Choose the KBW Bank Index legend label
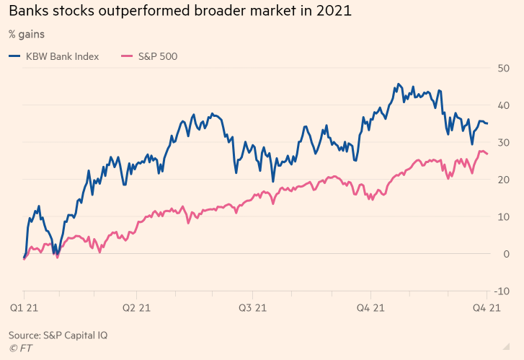63,56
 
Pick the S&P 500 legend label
158,56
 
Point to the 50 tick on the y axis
504,68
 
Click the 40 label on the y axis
504,105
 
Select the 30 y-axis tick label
504,142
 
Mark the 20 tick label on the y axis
504,180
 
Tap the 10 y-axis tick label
504,216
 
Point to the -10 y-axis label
502,291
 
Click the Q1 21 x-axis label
24,308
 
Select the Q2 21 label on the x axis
136,308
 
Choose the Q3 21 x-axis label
253,308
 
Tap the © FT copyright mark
20,348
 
